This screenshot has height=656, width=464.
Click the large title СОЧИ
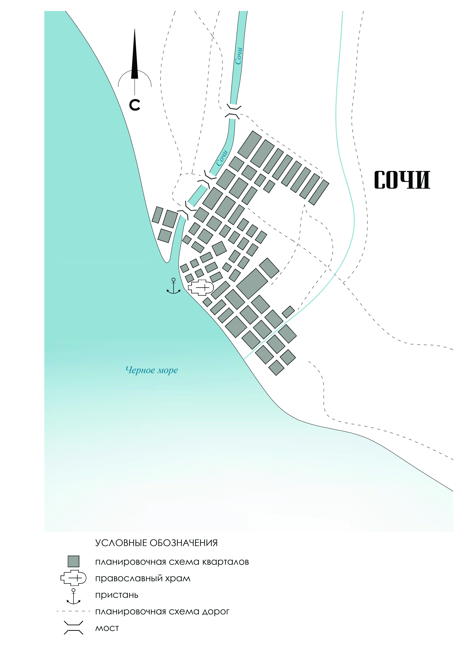tap(402, 180)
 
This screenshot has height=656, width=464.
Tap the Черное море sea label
tap(152, 370)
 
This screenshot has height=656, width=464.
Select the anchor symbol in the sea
tap(174, 286)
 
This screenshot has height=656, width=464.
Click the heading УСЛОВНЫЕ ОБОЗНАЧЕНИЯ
tap(156, 543)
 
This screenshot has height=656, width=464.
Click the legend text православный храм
tap(143, 579)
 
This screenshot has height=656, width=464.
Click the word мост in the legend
tap(107, 628)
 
